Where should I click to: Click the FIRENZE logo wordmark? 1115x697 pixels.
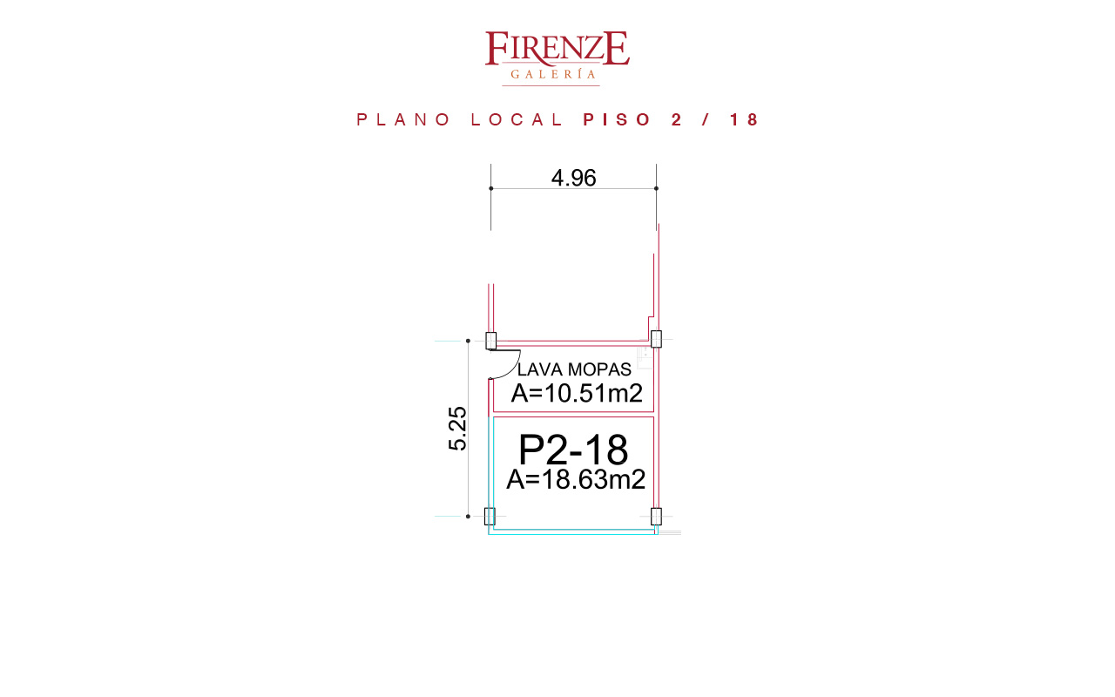(557, 48)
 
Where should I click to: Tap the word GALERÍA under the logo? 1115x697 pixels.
(553, 74)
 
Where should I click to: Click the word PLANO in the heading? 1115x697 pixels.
(403, 119)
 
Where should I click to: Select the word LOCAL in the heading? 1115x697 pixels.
(517, 119)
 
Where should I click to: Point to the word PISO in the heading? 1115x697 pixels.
(618, 119)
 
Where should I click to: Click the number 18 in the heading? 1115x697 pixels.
(744, 119)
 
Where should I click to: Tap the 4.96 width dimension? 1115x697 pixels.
(573, 178)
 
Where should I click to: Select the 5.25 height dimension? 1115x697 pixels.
(458, 429)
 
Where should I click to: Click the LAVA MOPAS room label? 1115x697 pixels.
(574, 369)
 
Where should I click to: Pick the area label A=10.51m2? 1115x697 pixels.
(577, 393)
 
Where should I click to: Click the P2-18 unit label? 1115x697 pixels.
(573, 450)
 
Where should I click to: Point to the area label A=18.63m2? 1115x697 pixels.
(576, 479)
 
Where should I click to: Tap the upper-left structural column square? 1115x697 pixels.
(490, 341)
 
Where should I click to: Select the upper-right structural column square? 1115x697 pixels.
(656, 339)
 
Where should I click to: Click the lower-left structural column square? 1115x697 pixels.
(490, 517)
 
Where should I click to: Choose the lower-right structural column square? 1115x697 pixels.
(656, 517)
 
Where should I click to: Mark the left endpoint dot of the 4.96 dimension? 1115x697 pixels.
(490, 188)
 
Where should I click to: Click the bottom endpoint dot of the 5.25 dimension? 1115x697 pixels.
(468, 517)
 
